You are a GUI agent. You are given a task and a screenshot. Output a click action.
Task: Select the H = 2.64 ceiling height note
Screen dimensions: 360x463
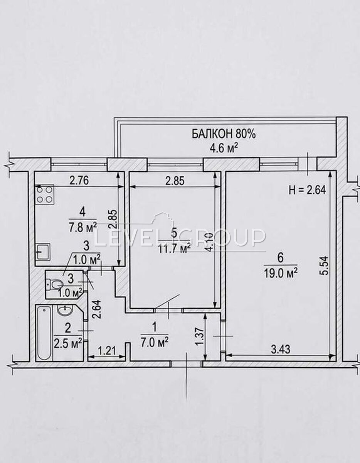pyautogui.click(x=307, y=190)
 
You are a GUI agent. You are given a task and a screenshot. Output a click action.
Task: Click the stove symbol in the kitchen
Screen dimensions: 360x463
pyautogui.click(x=45, y=194)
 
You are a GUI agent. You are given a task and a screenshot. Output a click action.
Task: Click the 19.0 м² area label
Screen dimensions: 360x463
pyautogui.click(x=280, y=274)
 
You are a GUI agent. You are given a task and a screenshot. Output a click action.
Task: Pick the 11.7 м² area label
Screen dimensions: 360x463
pyautogui.click(x=174, y=248)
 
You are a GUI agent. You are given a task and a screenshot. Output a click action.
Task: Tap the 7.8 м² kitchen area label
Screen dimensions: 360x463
pyautogui.click(x=83, y=228)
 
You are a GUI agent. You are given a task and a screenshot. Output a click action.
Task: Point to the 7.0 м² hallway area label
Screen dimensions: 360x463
pyautogui.click(x=155, y=343)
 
